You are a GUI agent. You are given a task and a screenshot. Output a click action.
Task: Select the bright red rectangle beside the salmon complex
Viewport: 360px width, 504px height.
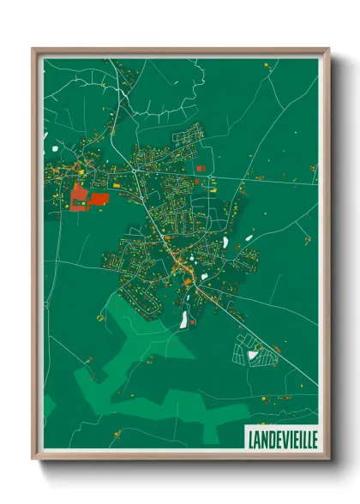[x=99, y=199]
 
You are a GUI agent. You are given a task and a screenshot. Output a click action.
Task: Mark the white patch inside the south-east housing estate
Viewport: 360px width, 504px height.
[x=252, y=355]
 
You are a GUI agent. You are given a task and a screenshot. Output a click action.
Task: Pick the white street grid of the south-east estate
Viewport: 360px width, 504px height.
[x=255, y=350]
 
